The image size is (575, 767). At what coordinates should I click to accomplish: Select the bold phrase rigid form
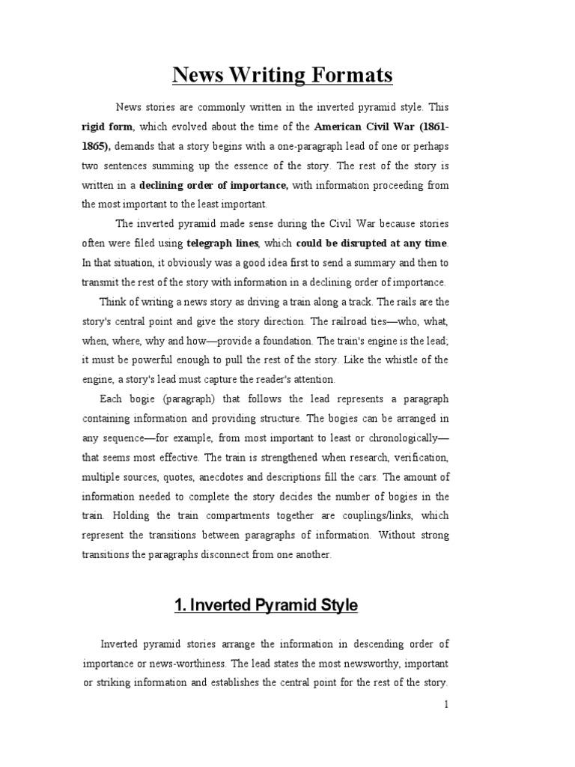click(108, 127)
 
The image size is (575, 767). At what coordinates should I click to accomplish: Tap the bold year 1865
click(95, 145)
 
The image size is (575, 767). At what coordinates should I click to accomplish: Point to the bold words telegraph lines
click(222, 243)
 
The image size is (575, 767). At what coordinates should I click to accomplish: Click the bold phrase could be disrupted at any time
click(372, 243)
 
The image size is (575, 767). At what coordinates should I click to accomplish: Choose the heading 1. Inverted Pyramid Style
click(267, 605)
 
